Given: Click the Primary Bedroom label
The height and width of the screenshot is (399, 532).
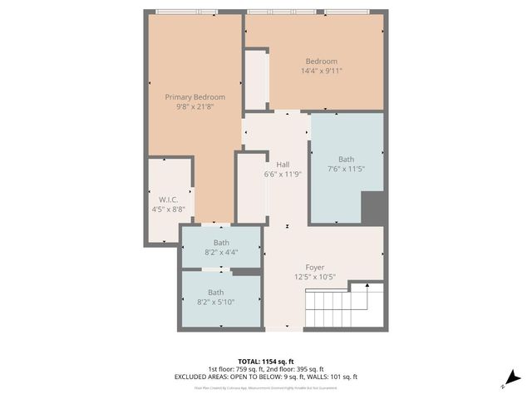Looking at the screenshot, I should click(x=195, y=97).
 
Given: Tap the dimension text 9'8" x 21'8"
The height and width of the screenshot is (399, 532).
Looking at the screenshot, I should click(x=195, y=107).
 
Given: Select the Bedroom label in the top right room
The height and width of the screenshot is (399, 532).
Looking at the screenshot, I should click(x=321, y=62).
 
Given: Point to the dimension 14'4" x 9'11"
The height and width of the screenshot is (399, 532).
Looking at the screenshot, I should click(x=321, y=71).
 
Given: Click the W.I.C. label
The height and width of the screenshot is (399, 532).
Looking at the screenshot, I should click(x=169, y=199).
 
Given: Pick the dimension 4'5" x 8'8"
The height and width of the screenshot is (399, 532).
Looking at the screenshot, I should click(x=169, y=209).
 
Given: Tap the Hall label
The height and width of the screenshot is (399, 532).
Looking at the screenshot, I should click(x=282, y=165).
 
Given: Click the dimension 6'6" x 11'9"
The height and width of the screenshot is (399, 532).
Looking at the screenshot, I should click(x=282, y=175).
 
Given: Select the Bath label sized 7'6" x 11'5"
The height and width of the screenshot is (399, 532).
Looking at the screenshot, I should click(x=346, y=160).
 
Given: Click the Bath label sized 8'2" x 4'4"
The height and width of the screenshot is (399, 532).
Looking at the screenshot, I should click(x=220, y=243).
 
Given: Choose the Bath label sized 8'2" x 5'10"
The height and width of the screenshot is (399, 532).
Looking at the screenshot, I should click(x=215, y=292).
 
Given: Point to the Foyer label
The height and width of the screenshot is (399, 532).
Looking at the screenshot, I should click(x=314, y=268).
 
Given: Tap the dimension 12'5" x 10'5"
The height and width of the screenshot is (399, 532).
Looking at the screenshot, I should click(x=314, y=278).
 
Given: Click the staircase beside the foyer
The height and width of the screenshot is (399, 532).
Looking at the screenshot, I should click(x=345, y=308).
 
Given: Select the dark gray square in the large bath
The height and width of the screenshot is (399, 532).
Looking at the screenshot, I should click(x=372, y=207).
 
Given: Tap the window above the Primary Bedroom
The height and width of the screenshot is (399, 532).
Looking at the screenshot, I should click(x=186, y=12).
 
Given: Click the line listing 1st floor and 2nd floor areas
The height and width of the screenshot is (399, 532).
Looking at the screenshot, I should click(x=265, y=368).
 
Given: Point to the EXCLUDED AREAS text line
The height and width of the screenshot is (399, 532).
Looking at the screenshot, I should click(x=265, y=377).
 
